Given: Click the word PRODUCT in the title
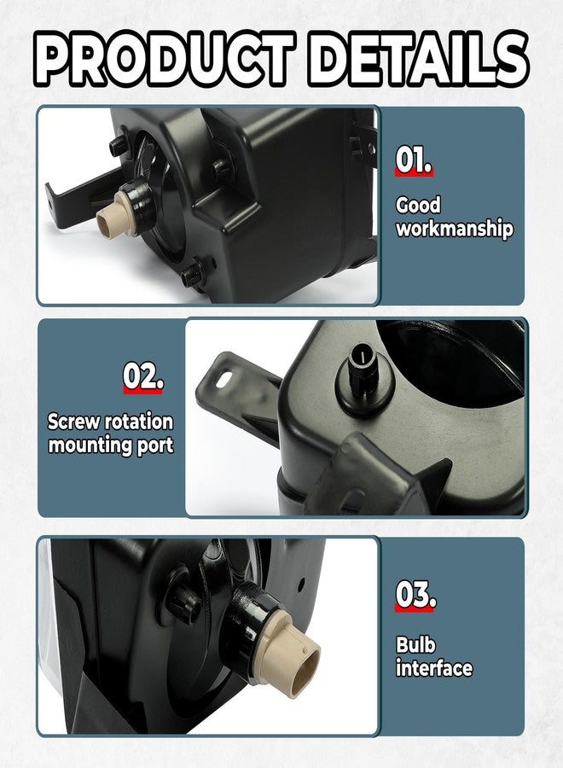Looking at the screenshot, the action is [165, 60].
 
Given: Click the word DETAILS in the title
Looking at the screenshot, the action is [419, 60].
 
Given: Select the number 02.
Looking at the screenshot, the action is [142, 376].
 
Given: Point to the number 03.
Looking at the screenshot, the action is [415, 595].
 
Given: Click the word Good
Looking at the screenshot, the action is [418, 205].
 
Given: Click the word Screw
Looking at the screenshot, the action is [73, 422].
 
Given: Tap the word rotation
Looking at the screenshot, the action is [139, 422].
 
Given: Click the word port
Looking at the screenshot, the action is [155, 446].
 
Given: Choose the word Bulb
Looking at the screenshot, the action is [415, 644].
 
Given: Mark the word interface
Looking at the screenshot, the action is [434, 668].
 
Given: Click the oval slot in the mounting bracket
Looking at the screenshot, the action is [225, 379].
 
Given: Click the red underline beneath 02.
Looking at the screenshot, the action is [142, 391].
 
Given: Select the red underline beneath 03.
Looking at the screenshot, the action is [415, 608].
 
